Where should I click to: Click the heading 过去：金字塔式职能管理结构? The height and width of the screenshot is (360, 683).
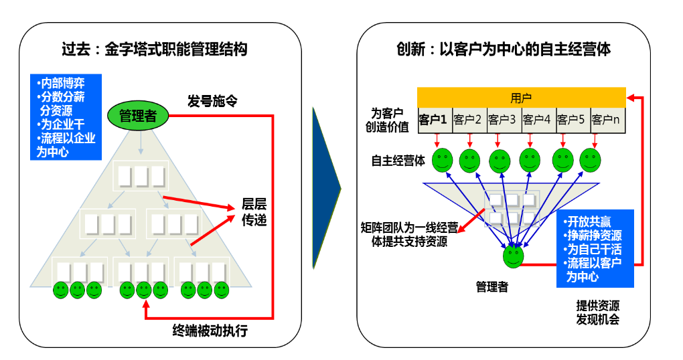tap(154, 49)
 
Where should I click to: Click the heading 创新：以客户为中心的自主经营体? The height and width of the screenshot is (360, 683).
tap(503, 49)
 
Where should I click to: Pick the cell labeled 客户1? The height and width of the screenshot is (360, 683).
tap(433, 120)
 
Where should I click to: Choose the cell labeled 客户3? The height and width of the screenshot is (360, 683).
tap(502, 120)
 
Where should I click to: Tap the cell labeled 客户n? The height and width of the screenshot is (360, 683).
tap(607, 120)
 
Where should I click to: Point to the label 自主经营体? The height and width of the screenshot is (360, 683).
tap(398, 161)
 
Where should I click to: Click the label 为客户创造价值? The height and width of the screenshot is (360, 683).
tap(390, 120)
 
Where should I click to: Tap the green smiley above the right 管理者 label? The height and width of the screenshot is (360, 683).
tap(514, 255)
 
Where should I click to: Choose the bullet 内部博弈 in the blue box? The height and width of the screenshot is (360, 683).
tap(62, 84)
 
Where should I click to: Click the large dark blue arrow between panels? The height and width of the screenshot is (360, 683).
tap(326, 180)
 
